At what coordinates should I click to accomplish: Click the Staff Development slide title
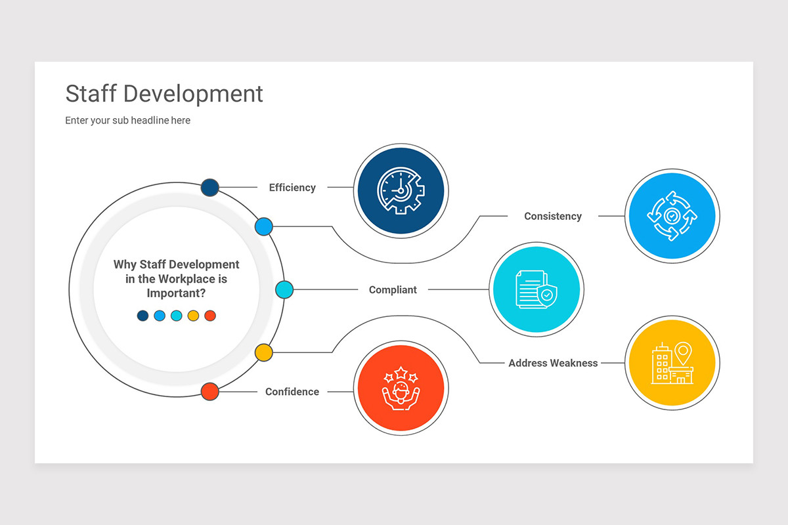164,94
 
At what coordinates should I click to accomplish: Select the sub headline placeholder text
127,121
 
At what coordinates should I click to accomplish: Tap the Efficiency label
292,188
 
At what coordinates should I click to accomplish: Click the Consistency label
552,216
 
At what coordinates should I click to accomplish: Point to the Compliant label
393,289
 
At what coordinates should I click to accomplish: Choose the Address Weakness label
553,363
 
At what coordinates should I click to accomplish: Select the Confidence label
292,392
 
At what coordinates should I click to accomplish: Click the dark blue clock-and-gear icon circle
401,191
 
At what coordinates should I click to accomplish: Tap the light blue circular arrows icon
672,216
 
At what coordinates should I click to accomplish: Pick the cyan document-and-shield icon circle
536,289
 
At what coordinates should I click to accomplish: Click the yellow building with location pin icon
672,363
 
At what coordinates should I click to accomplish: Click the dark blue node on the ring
209,187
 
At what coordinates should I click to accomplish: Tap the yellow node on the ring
263,352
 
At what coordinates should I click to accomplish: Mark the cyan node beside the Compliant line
284,289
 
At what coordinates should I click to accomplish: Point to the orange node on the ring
209,392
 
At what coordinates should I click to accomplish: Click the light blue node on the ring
263,226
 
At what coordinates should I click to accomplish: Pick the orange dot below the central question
210,316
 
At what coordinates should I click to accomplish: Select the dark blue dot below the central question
142,316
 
